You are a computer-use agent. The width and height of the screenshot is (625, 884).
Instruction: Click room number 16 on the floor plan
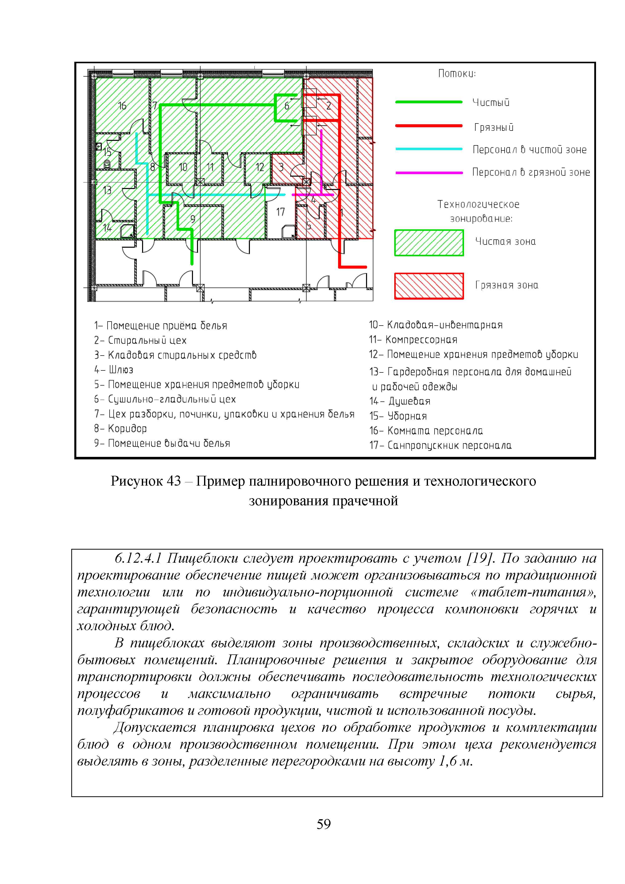[122, 106]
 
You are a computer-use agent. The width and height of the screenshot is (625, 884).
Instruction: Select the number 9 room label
[193, 219]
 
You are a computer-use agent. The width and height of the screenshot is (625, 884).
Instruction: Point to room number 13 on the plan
[107, 190]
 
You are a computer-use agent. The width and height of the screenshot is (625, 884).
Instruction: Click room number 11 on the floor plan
[210, 167]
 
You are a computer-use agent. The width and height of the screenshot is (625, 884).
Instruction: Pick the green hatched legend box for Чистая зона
[429, 243]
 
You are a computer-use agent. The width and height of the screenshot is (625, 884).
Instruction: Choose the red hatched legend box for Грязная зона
[429, 286]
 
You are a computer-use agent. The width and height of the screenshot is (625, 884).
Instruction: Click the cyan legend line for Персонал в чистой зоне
[429, 149]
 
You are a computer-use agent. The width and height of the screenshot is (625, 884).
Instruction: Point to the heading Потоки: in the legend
[457, 74]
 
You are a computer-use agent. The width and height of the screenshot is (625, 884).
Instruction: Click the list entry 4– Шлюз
[114, 370]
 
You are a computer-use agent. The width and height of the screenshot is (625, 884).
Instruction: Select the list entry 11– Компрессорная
[413, 340]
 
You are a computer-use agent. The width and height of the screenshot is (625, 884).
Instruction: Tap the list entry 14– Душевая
[400, 401]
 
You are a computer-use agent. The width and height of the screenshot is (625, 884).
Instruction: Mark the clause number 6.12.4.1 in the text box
[138, 558]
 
